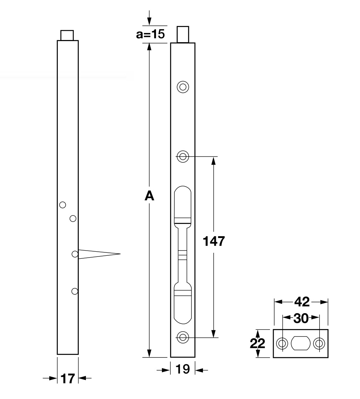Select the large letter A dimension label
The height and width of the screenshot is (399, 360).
[x=149, y=196]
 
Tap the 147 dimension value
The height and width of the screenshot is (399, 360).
[x=214, y=241]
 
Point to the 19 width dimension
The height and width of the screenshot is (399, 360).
[x=183, y=369]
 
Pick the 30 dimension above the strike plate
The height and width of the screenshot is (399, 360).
[x=301, y=318]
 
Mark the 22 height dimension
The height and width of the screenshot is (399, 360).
[x=258, y=343]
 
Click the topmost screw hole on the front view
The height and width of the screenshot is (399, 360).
[x=183, y=87]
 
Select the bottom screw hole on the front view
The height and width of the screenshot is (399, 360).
[x=183, y=337]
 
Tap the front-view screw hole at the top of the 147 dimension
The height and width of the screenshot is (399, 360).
[x=183, y=157]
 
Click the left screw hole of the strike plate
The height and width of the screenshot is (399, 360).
[x=282, y=343]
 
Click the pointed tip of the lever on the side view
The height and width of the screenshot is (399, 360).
[x=120, y=254]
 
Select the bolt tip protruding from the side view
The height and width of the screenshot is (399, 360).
[x=67, y=35]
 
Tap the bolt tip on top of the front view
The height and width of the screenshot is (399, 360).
[x=183, y=34]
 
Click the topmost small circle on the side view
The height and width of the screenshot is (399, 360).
[x=63, y=205]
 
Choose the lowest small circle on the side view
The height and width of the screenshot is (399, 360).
[x=75, y=291]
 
